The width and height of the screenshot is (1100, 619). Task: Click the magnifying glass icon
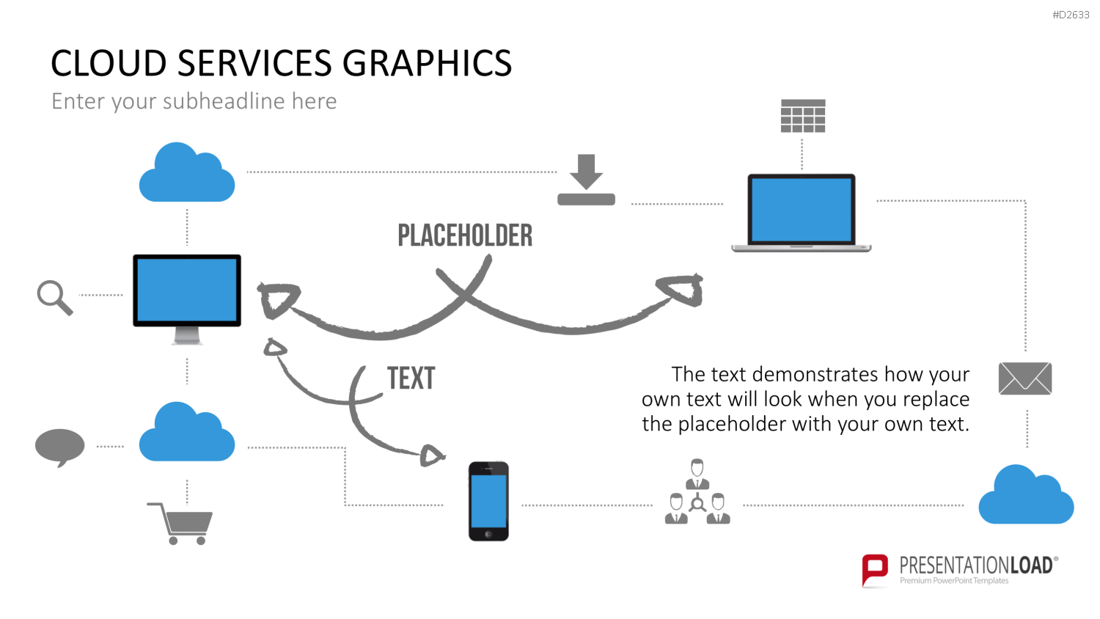(x=54, y=297)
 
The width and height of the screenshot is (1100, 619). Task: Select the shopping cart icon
(x=180, y=524)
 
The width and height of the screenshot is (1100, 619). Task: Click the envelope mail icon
(x=1025, y=378)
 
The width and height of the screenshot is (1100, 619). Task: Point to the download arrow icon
(x=587, y=180)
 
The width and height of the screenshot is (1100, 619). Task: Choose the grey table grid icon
(x=803, y=116)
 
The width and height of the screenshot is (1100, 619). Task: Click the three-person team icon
(x=697, y=491)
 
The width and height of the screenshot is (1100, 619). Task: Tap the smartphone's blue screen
(x=488, y=501)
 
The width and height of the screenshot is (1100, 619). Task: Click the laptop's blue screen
(x=802, y=210)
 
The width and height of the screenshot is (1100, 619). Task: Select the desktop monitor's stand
(x=187, y=336)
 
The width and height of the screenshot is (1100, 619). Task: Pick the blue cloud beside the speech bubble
(x=186, y=431)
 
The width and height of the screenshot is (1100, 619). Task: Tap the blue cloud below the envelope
(x=1027, y=494)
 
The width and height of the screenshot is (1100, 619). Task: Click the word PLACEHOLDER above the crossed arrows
(x=465, y=235)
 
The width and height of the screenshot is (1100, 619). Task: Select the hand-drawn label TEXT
(x=411, y=378)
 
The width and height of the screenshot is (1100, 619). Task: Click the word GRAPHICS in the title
(x=427, y=63)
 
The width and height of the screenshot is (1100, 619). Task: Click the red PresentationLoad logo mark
(x=875, y=570)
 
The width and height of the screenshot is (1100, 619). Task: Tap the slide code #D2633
(x=1071, y=15)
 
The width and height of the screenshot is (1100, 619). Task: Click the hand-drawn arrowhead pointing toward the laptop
(x=681, y=290)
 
